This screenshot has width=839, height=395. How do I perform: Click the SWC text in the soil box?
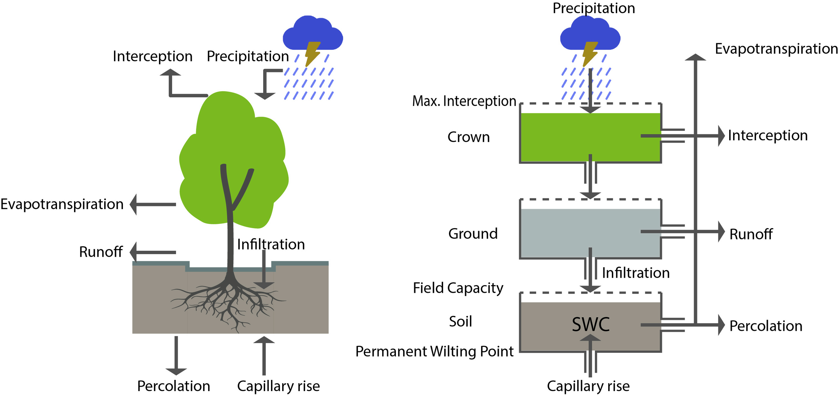tap(590, 324)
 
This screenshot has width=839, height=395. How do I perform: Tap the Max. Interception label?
tap(464, 101)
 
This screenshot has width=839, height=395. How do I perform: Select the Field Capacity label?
tap(458, 288)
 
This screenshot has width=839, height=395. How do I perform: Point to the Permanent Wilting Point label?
tap(434, 351)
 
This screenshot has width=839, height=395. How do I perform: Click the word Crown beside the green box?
tap(468, 137)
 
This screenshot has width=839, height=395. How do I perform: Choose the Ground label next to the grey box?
tap(473, 234)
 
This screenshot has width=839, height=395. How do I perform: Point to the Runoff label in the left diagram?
tap(101, 252)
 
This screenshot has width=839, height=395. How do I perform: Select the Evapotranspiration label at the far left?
tap(62, 204)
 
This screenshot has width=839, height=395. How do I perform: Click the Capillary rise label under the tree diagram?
tap(278, 386)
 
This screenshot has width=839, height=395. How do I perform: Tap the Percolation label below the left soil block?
tap(173, 386)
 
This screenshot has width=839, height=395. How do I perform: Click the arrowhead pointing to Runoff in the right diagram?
tap(721, 231)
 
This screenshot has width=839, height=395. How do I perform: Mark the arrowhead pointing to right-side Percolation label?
tap(721, 325)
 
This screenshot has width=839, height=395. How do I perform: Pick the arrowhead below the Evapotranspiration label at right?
tap(695, 57)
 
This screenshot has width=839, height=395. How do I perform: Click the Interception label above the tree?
tap(152, 56)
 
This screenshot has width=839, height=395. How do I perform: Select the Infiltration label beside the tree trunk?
tap(271, 245)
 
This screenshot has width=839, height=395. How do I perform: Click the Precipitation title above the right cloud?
tap(594, 8)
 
